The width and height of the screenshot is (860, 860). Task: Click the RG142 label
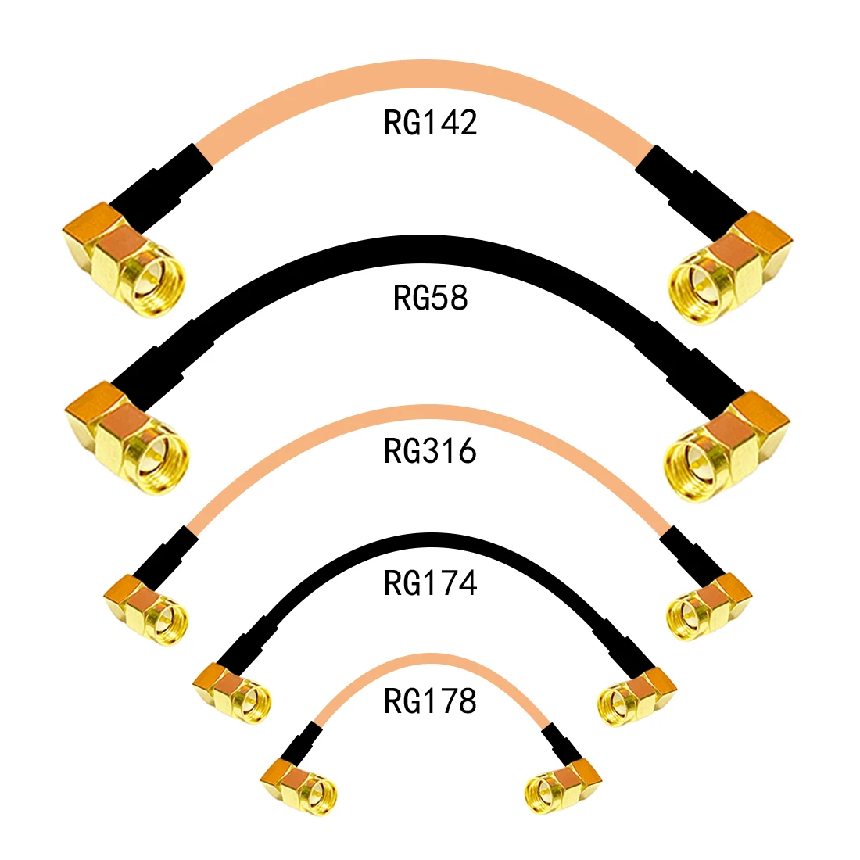[430, 123]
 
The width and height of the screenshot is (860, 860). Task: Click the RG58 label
[430, 298]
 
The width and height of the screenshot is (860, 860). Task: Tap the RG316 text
[430, 451]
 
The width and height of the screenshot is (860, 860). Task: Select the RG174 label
[430, 583]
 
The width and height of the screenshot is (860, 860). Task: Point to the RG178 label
[430, 701]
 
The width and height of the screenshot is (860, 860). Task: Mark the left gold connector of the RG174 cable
[231, 691]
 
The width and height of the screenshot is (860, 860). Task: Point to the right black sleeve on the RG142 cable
[691, 183]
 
